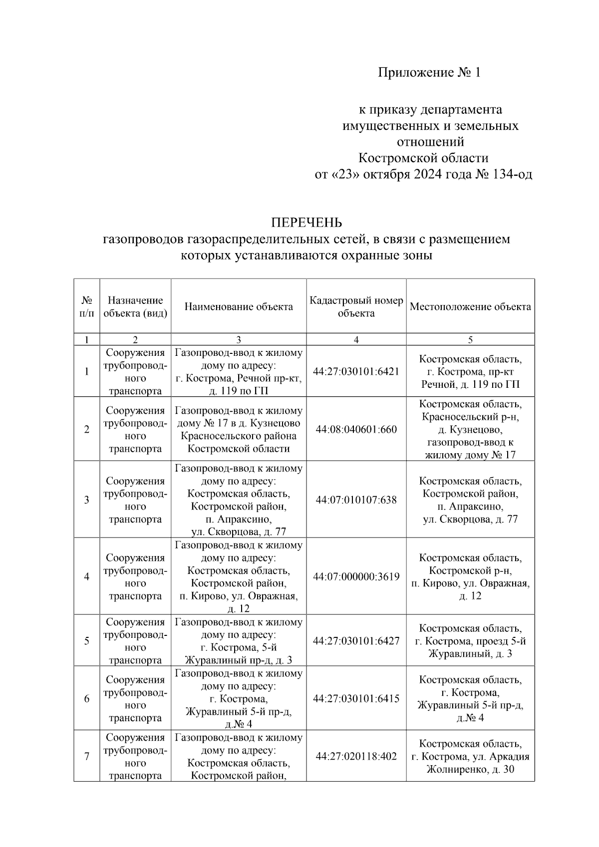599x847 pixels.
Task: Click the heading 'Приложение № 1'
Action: pos(429,73)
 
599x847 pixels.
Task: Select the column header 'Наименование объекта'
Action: pos(239,306)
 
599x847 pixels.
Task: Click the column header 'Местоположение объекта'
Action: pos(470,306)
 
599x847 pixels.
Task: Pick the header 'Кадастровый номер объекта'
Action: pos(356,306)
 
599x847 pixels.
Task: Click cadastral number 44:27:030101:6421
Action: pos(356,372)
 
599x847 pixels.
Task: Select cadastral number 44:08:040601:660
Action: pos(356,429)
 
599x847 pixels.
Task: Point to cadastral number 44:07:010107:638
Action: pos(356,500)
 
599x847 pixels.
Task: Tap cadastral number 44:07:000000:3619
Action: pos(356,576)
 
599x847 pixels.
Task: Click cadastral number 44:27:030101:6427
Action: pos(356,641)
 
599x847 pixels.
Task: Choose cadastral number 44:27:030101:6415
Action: pos(356,698)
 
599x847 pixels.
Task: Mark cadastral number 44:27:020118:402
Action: pos(356,756)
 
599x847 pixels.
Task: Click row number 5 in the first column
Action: pos(87,641)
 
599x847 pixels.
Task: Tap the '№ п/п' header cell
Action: pos(87,306)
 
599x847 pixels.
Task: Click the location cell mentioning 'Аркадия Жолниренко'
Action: pos(470,756)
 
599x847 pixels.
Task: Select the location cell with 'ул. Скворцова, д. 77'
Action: pos(470,500)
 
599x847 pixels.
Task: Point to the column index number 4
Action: pos(356,340)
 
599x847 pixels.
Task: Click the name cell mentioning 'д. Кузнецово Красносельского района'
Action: pos(239,429)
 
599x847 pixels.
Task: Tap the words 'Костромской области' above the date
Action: pos(423,158)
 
